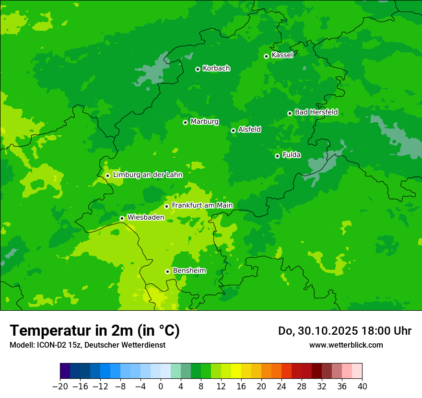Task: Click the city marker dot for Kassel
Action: coord(266,56)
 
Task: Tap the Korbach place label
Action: coord(216,69)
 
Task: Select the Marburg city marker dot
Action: coord(185,122)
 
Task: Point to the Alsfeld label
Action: coord(249,129)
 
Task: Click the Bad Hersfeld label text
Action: coord(316,112)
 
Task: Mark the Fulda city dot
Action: coord(277,156)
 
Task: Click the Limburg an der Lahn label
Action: coord(147,175)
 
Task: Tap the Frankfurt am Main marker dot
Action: coord(166,206)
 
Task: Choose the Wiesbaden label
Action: coord(146,217)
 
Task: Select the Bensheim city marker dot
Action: coord(167,271)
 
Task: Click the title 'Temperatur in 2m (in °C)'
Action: coord(94,330)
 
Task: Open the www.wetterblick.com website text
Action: coord(346,345)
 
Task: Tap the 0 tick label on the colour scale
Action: coord(161,386)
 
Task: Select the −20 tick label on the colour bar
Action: coord(60,386)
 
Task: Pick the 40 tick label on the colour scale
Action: coord(362,386)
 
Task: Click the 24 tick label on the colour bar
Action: coord(281,386)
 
